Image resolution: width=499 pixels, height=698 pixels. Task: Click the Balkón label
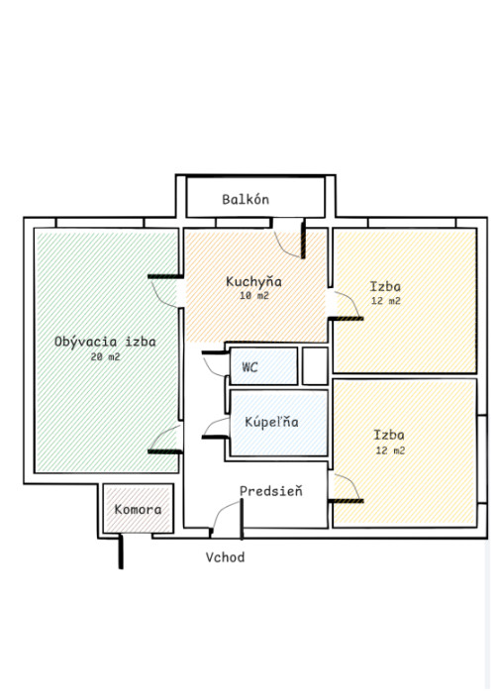click(x=246, y=199)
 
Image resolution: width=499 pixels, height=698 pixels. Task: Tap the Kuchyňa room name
click(x=253, y=281)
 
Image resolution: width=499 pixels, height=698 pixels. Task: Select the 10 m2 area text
click(x=254, y=296)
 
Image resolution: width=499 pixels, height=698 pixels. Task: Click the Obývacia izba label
click(x=105, y=342)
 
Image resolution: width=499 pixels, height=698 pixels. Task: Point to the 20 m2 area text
click(x=106, y=356)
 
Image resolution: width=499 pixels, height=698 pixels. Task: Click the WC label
click(x=249, y=367)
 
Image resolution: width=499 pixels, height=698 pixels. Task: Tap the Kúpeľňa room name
click(x=271, y=422)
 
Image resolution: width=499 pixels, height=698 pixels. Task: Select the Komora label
click(x=138, y=509)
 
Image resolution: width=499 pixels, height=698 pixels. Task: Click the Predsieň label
click(x=270, y=491)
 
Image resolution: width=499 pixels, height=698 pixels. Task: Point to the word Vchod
click(x=225, y=557)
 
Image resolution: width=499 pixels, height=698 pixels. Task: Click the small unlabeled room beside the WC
click(x=315, y=366)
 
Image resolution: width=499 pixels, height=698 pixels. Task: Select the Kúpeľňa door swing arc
click(x=216, y=428)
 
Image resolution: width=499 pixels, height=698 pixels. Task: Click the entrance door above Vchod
click(x=227, y=519)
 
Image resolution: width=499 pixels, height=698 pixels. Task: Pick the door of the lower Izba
click(x=346, y=488)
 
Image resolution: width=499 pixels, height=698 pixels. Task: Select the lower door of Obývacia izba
click(x=165, y=440)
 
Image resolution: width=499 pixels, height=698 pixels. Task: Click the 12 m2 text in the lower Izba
click(x=390, y=450)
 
